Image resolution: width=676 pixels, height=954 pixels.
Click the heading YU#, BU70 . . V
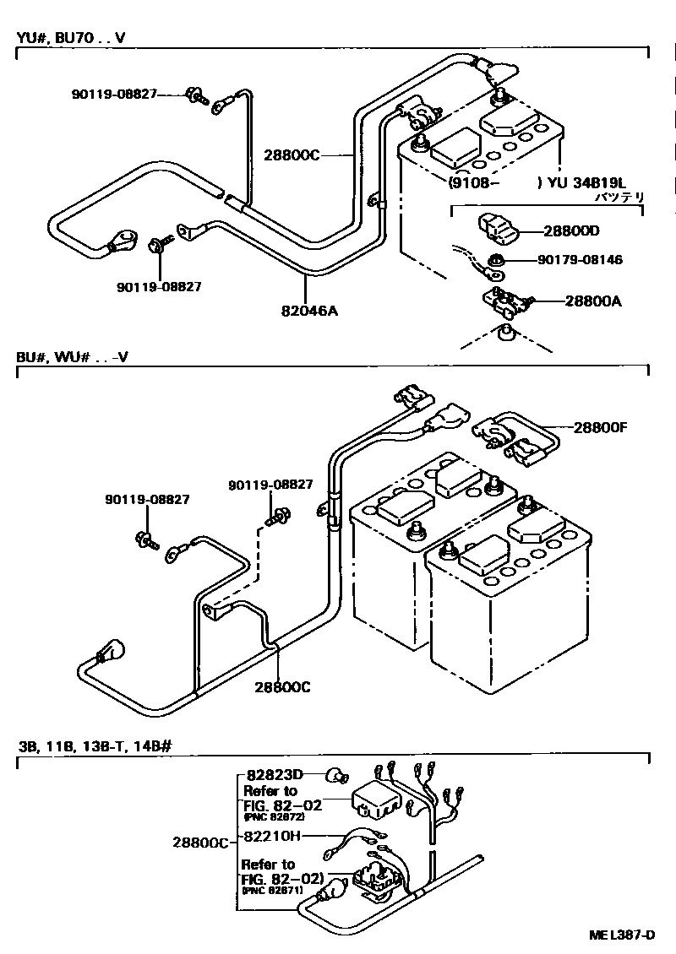[x=72, y=38]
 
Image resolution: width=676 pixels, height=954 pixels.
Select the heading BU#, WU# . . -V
[x=72, y=356]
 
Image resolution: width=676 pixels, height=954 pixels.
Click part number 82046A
[x=310, y=311]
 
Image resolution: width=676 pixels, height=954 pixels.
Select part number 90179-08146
[x=580, y=260]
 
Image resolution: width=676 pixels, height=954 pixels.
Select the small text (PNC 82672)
[x=274, y=817]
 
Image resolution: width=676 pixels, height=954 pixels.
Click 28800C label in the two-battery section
[x=282, y=687]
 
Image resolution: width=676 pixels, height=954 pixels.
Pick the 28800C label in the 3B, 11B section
[x=200, y=843]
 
